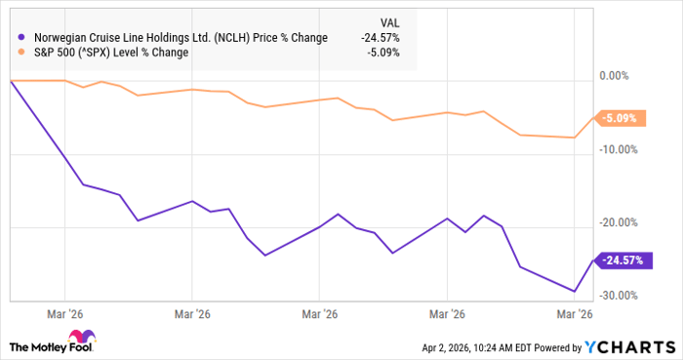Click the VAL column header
pos(388,21)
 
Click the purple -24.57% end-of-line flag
pos(622,260)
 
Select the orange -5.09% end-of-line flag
pos(620,118)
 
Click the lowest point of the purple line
pos(575,291)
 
